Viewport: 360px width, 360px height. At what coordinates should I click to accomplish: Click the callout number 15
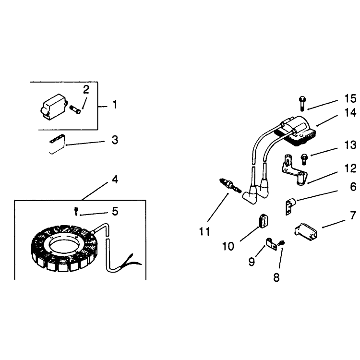[350, 98]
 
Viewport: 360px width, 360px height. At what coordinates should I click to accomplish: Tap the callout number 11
[204, 231]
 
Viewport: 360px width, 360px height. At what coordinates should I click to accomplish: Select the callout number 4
[115, 180]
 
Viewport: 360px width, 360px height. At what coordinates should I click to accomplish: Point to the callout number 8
[276, 277]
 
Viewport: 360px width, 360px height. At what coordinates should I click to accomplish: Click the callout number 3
[115, 140]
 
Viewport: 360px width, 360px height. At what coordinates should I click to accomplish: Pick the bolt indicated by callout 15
[302, 104]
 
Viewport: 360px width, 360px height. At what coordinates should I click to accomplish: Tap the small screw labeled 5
[76, 211]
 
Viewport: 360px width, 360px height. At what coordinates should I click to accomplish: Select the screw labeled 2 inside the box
[75, 109]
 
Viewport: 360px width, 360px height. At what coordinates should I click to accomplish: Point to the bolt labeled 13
[304, 159]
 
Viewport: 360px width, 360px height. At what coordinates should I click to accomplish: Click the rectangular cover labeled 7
[306, 231]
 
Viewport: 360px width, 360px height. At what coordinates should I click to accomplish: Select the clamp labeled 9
[271, 244]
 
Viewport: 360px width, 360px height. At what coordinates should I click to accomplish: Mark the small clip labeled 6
[290, 206]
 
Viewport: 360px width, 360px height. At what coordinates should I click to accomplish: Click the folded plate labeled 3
[58, 144]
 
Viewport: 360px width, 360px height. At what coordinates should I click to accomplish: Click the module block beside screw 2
[53, 107]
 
